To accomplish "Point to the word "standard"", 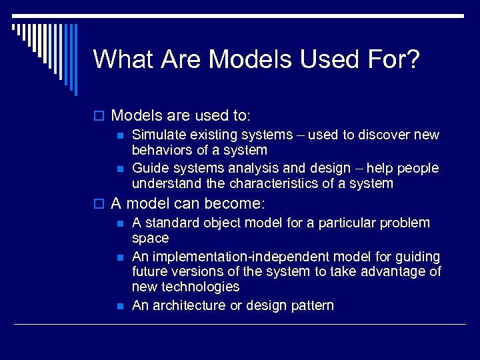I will tap(172, 223).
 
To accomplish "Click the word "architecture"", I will tap(191, 305).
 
